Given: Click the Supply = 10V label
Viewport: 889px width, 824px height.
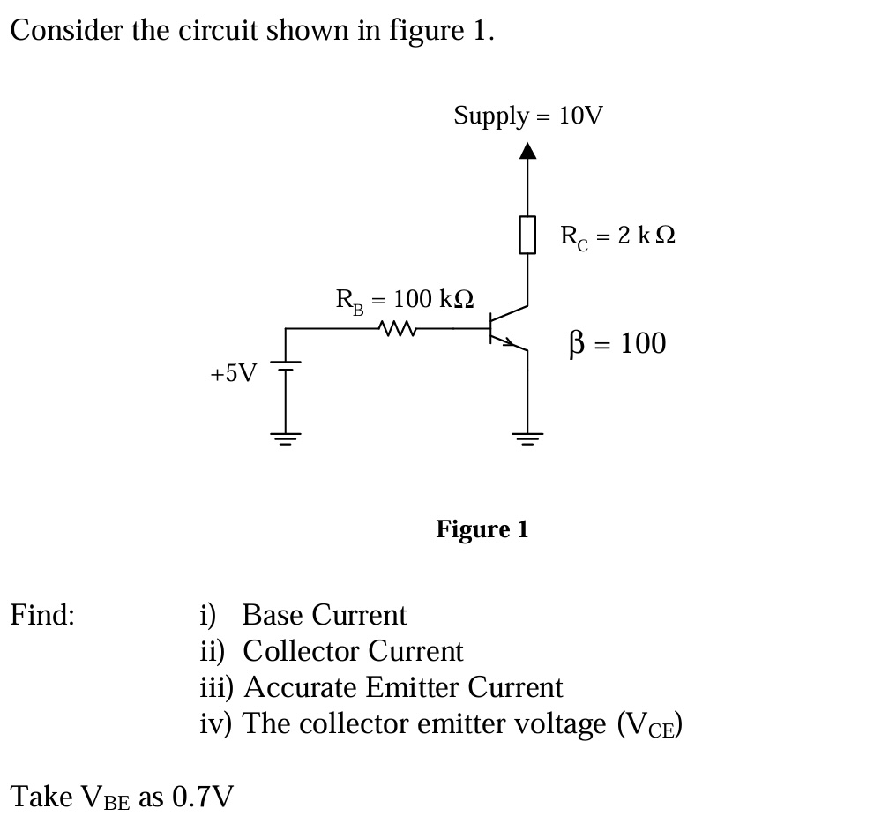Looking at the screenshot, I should click(528, 116).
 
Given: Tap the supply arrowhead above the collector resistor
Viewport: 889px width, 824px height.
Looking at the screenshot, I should click(527, 154).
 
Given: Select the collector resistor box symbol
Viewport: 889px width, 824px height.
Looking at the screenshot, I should click(527, 236).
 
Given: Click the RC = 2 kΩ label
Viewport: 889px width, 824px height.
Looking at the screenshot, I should click(617, 236).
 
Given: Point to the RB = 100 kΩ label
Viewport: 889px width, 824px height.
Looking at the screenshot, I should click(405, 300).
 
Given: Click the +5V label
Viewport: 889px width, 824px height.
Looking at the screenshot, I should click(233, 373).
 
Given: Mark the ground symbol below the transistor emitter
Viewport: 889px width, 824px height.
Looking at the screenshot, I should click(527, 437).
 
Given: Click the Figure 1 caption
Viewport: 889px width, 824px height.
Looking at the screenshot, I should click(482, 529).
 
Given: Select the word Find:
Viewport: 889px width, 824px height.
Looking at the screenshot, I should click(42, 614).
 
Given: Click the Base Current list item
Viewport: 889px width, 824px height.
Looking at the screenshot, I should click(323, 614).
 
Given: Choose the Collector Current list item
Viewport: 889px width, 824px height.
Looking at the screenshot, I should click(351, 651).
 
